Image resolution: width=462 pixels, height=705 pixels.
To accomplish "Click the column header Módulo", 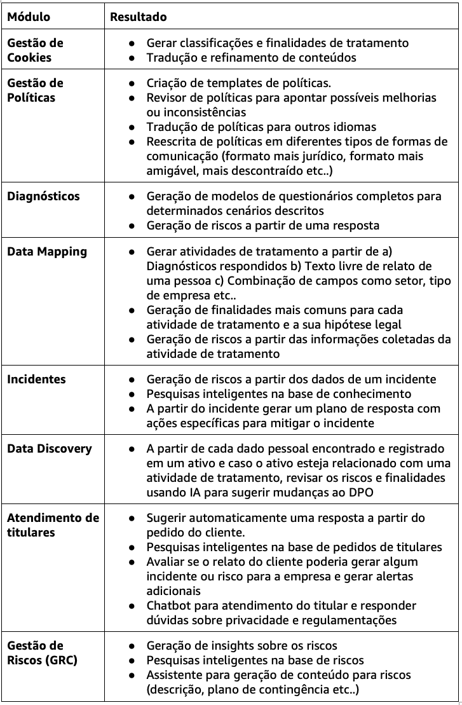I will tap(29, 17).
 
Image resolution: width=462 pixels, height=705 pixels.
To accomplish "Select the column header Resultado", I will tap(139, 17).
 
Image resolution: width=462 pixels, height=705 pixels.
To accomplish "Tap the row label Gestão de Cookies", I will tap(35, 50).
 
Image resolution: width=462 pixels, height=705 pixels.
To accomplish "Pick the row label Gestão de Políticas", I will tap(35, 90).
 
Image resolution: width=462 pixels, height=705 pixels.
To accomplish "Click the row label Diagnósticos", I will tap(43, 196).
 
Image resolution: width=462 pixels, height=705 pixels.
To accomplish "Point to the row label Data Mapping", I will tap(47, 252).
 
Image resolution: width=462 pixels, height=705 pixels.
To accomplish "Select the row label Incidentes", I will tap(36, 380).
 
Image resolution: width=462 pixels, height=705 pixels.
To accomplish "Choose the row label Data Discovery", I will tap(50, 449).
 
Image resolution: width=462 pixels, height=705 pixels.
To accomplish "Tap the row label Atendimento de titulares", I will tap(53, 525).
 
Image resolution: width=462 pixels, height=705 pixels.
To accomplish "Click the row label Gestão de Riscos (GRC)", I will tap(42, 653).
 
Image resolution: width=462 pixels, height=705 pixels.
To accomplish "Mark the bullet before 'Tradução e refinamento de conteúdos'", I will tap(131, 58).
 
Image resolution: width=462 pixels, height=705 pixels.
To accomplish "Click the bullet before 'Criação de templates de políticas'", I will tap(131, 83).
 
